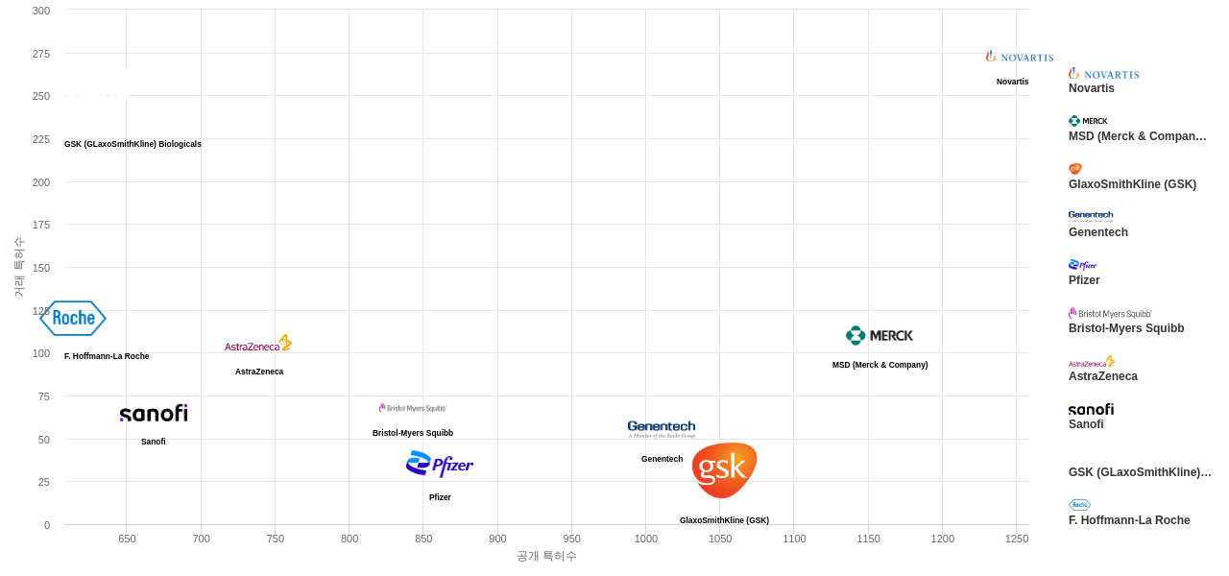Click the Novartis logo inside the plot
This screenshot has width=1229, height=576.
1019,57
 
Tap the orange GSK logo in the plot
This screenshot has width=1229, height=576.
724,469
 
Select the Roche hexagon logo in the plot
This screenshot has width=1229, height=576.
73,318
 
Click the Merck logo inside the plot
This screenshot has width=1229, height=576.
880,335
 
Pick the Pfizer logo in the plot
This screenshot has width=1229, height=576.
440,465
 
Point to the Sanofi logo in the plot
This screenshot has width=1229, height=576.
154,413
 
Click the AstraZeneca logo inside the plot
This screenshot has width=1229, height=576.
258,344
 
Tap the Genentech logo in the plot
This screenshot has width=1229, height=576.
662,428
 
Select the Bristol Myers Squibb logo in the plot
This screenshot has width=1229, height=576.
413,408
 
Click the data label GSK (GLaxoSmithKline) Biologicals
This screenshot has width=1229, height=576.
133,144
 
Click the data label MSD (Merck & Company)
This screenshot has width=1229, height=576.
880,365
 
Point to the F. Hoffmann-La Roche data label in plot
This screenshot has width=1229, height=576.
107,356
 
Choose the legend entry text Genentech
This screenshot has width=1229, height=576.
1097,232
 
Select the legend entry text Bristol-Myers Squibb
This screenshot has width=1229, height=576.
1126,328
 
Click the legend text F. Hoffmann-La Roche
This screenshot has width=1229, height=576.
1129,520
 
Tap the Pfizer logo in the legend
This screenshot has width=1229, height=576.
1082,265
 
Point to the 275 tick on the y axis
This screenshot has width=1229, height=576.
40,54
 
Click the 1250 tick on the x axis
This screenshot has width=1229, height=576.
1016,539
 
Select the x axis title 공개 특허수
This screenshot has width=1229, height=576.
546,556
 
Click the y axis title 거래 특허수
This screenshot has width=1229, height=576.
18,267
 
